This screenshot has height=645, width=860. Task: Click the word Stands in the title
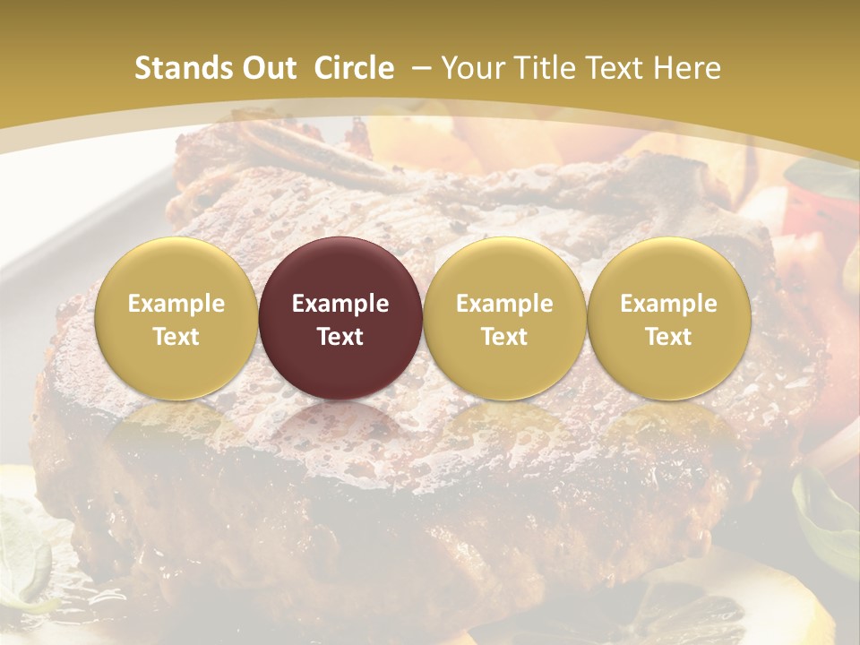[184, 68]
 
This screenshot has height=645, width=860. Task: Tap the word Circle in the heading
[354, 68]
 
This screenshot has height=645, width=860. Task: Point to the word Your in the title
[471, 68]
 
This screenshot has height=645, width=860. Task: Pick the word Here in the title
[687, 68]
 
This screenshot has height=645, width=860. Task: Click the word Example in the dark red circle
[340, 304]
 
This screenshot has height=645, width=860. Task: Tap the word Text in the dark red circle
[340, 337]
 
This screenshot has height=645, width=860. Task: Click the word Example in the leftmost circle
[176, 304]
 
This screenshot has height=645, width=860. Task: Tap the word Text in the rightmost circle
[668, 337]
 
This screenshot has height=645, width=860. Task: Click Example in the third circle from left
[504, 304]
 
